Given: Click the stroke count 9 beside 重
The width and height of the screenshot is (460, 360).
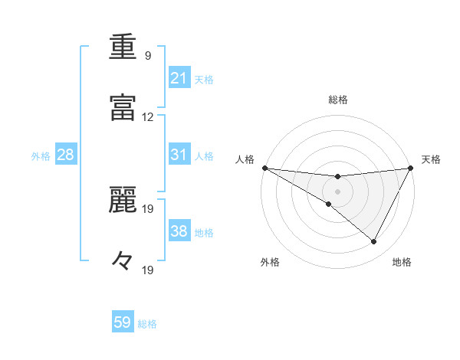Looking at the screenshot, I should (x=147, y=56).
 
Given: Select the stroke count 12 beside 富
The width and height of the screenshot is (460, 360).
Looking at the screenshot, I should (x=147, y=117).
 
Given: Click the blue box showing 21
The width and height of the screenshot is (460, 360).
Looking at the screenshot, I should (x=179, y=78).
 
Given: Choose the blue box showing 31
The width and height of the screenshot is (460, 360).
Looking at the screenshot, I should (x=179, y=155).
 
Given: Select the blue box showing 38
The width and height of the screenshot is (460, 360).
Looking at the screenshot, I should (x=179, y=231).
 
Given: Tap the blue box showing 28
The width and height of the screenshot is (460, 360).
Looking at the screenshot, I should (x=66, y=155).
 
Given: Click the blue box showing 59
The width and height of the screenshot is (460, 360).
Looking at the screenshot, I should (x=123, y=322).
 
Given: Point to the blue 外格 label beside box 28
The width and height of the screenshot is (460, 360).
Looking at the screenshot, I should (x=41, y=155).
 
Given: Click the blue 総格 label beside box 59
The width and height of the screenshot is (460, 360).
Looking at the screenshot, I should (x=147, y=323).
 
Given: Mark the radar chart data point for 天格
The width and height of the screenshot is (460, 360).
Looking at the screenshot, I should (x=412, y=168).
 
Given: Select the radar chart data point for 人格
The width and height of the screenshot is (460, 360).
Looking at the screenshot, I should (x=264, y=168).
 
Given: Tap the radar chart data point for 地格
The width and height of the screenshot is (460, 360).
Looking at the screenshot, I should (x=374, y=241).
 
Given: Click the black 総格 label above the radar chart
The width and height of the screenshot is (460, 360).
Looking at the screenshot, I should (x=338, y=100).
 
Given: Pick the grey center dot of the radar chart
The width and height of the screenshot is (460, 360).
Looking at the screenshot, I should (x=338, y=191).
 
